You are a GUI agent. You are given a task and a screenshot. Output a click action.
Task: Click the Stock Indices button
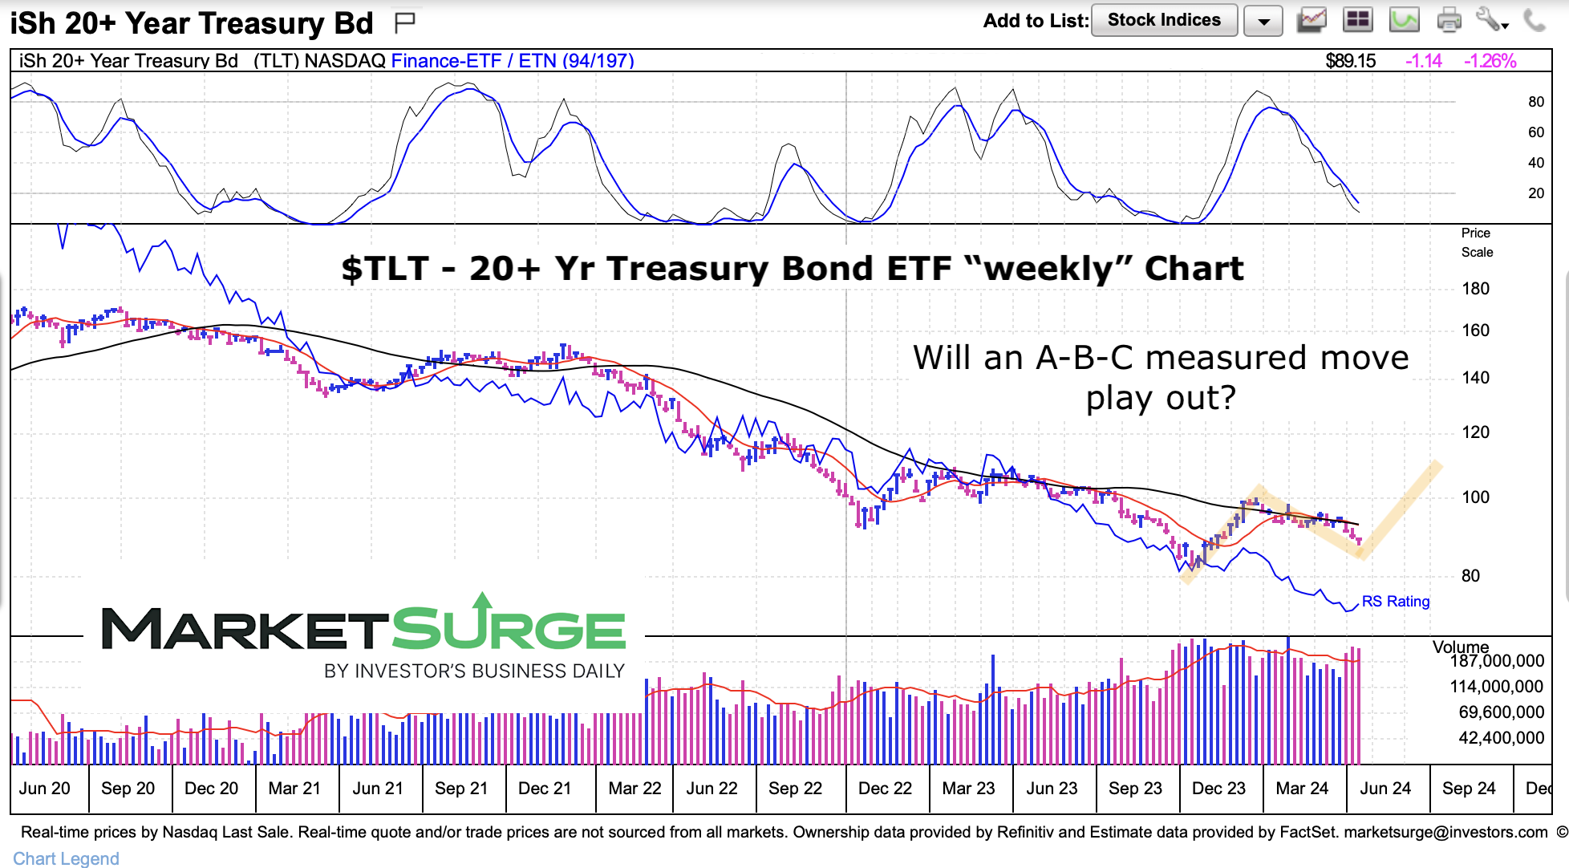(1163, 20)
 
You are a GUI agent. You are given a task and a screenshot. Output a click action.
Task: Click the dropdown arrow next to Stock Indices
(1263, 22)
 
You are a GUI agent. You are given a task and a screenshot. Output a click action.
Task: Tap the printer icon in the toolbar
(1449, 20)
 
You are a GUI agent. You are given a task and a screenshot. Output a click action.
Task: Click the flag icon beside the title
(405, 22)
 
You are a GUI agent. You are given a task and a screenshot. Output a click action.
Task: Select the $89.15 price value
(1350, 61)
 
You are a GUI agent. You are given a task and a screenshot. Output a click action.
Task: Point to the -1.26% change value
(1490, 61)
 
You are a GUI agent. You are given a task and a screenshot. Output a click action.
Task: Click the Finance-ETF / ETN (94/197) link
(512, 61)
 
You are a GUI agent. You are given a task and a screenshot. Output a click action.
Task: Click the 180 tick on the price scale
(1474, 289)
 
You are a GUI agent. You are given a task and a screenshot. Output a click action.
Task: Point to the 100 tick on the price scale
(1474, 497)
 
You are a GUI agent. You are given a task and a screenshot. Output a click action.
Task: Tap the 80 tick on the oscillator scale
(1535, 102)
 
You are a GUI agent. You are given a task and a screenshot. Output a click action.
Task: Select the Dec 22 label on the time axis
(885, 789)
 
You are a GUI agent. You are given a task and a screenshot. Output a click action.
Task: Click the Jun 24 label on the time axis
(1385, 789)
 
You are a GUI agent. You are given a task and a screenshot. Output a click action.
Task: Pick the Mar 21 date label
(294, 789)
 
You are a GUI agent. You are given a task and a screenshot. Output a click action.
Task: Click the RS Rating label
(1396, 602)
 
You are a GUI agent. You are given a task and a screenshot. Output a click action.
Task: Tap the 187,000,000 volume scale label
(1497, 661)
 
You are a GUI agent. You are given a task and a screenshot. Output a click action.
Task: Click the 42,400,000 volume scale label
(1501, 738)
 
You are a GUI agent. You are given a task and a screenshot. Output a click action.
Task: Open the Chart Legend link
(66, 858)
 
